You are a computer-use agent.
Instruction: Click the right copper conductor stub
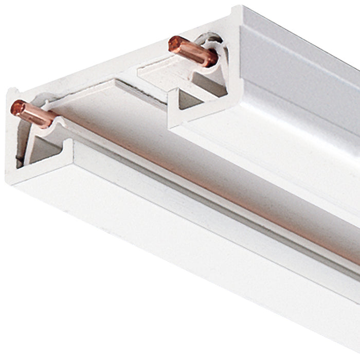point(193,51)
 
